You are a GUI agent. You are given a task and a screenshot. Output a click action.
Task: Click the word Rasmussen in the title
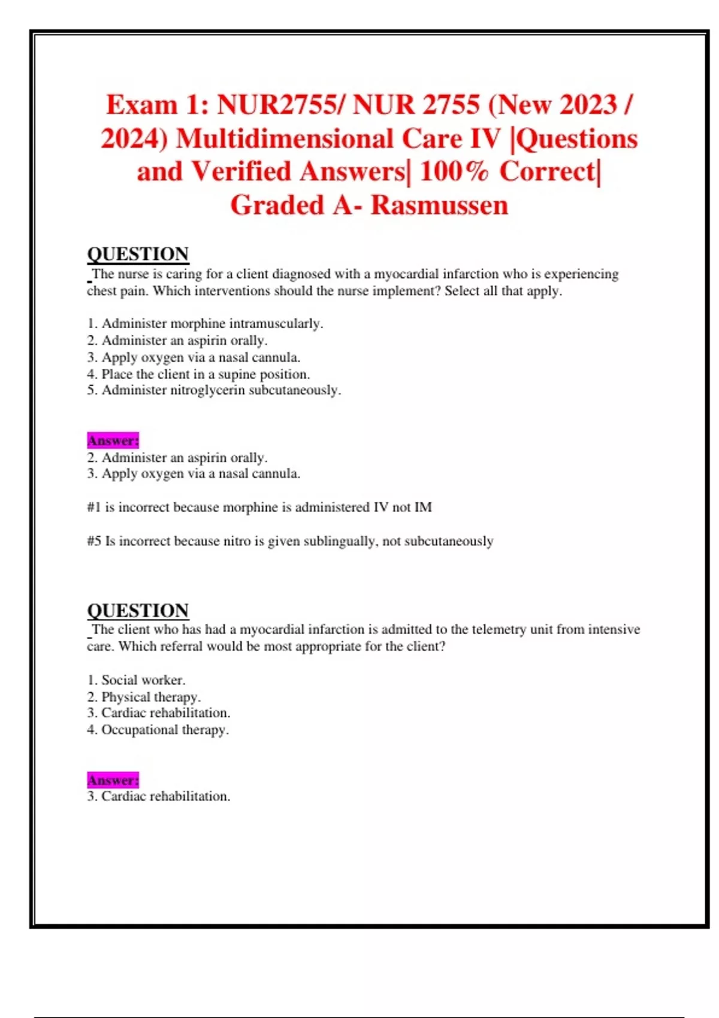pyautogui.click(x=439, y=205)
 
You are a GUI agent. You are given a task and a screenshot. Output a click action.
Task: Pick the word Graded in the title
pyautogui.click(x=277, y=205)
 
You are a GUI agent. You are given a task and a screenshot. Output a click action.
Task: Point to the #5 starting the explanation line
pyautogui.click(x=94, y=541)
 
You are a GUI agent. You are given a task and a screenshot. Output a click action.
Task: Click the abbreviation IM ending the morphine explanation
pyautogui.click(x=423, y=508)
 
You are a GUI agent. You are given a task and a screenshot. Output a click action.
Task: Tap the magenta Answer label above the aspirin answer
pyautogui.click(x=113, y=441)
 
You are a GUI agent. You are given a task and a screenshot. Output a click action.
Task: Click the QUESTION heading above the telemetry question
pyautogui.click(x=138, y=610)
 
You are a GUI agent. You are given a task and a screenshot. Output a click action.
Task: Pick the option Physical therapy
pyautogui.click(x=150, y=697)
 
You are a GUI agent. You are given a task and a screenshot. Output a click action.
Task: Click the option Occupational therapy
pyautogui.click(x=165, y=730)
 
